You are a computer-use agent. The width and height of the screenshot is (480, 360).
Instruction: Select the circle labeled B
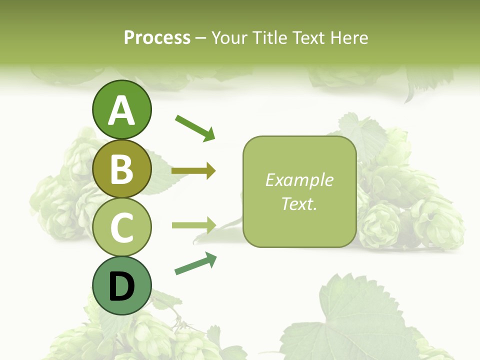pos(122,169)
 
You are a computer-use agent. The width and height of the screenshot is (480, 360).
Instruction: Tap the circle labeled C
pos(122,227)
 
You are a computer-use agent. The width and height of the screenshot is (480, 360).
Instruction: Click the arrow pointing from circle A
pos(195,127)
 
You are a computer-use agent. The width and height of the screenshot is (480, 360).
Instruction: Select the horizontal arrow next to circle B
pos(193,171)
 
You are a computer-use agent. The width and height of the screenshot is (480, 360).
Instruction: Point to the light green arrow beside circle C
pos(193,225)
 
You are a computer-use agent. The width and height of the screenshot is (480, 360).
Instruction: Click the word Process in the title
pos(157,37)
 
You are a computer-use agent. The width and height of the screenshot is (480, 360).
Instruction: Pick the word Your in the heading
pos(228,37)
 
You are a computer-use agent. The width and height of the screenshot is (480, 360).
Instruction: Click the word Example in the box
pos(299,180)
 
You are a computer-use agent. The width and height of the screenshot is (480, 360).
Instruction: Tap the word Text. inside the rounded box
pos(299,203)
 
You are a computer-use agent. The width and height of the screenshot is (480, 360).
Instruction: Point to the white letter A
pos(122,110)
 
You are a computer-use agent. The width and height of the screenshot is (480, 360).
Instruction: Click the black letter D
pos(122,287)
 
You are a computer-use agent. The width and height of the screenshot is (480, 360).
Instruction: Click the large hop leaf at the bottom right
pos(350,320)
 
